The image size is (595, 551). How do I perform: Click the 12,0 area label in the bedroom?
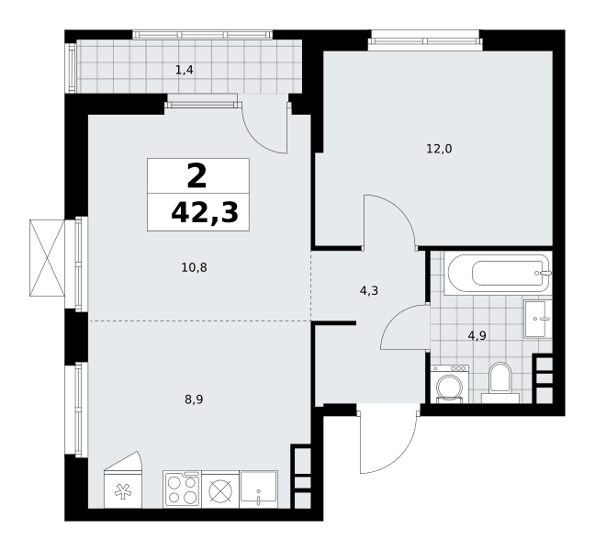point(439,149)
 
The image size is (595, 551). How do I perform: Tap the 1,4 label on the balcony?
point(185,70)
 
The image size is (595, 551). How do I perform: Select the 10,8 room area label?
point(195,268)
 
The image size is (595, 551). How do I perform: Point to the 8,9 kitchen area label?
point(194,399)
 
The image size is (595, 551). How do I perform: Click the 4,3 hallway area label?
point(369,291)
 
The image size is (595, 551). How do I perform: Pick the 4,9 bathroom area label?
point(477,335)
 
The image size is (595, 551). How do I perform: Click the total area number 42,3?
point(205,213)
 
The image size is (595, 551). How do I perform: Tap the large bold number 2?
point(196,175)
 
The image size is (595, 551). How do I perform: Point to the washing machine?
point(450,384)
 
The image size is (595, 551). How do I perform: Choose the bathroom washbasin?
point(538,319)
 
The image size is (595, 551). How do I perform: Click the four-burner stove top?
point(183,489)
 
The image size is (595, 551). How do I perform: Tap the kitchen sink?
point(258,489)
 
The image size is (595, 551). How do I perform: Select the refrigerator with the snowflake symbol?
point(122,480)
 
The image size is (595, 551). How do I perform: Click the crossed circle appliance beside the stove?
point(220,489)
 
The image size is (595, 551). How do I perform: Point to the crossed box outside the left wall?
point(47,258)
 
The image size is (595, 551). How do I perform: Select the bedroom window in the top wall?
point(425,40)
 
